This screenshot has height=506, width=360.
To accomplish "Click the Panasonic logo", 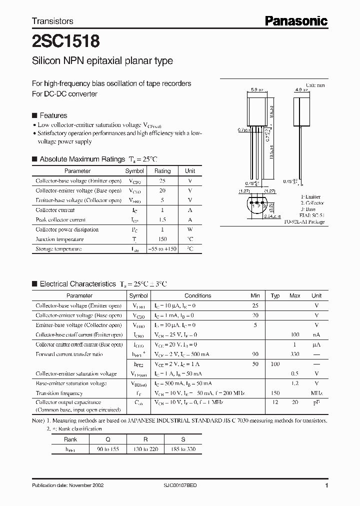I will click(296, 20).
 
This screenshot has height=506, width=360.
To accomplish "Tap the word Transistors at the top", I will click(52, 21).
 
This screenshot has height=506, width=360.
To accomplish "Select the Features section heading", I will click(53, 115).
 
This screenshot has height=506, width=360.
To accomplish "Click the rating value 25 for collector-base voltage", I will click(162, 180).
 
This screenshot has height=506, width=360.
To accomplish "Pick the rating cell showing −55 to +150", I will click(162, 248).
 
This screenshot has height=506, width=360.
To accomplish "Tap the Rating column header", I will click(162, 171).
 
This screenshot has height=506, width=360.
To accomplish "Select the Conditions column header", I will click(197, 295).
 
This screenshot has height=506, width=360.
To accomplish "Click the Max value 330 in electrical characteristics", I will click(295, 354).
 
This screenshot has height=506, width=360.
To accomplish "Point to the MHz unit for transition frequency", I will click(316, 393).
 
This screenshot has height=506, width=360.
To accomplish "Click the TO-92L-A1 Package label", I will click(304, 221).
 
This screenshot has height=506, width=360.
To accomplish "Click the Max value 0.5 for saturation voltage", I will click(295, 373).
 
